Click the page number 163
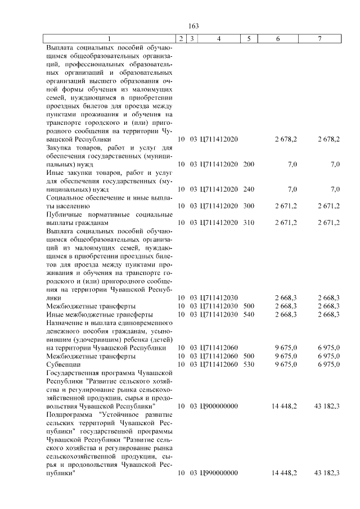pos(194,26)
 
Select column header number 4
pos(219,39)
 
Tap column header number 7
pos(319,39)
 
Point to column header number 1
pos(110,39)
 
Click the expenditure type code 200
pos(249,164)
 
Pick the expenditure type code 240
pos(249,190)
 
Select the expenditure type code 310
pos(249,223)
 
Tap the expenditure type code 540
pos(249,314)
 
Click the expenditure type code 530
pos(249,364)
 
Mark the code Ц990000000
pos(219,473)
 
